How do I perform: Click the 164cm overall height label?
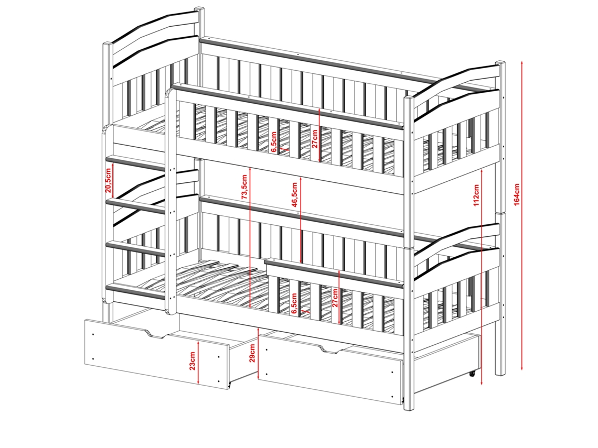pyautogui.click(x=516, y=194)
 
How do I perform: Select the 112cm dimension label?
pyautogui.click(x=476, y=195)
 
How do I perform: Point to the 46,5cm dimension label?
pyautogui.click(x=294, y=195)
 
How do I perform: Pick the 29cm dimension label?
pyautogui.click(x=252, y=354)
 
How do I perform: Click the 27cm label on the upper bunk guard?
pyautogui.click(x=315, y=139)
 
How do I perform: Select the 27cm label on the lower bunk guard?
pyautogui.click(x=335, y=298)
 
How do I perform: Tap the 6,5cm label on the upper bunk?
pyautogui.click(x=274, y=142)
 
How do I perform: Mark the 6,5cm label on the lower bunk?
pyautogui.click(x=294, y=303)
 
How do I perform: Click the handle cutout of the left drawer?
pyautogui.click(x=155, y=334)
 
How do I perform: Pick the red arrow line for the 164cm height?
pyautogui.click(x=522, y=215)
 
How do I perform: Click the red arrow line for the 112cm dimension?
pyautogui.click(x=482, y=277)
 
